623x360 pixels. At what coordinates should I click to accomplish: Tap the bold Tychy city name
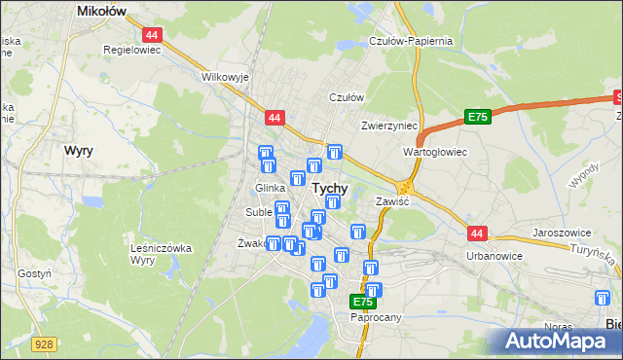[x=330, y=188]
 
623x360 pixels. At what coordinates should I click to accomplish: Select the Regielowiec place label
[x=131, y=48]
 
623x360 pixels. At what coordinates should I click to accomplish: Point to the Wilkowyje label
[x=225, y=76]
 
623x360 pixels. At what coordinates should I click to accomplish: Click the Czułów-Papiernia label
[x=411, y=41]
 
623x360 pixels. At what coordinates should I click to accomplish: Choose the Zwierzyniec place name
[x=388, y=126]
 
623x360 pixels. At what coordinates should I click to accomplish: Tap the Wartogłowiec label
[x=435, y=153]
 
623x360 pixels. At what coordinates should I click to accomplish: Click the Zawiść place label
[x=392, y=200]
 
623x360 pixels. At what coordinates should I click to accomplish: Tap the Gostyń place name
[x=34, y=274]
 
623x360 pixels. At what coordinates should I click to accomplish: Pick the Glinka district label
[x=269, y=188]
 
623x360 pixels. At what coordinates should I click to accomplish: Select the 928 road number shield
[x=42, y=343]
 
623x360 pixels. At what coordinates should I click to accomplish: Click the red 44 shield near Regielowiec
[x=157, y=33]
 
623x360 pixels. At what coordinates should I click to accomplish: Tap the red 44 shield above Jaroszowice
[x=477, y=234]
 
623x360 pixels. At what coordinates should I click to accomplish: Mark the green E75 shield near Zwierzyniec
[x=476, y=117]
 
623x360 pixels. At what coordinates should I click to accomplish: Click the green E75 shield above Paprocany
[x=362, y=303]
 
